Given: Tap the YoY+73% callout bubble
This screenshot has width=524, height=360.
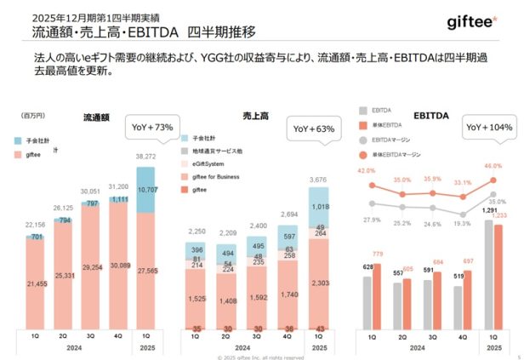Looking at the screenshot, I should pos(153,128).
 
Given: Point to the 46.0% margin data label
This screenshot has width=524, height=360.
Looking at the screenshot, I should pos(493,167).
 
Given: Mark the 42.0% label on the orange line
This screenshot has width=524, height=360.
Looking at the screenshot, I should pos(366,171).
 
